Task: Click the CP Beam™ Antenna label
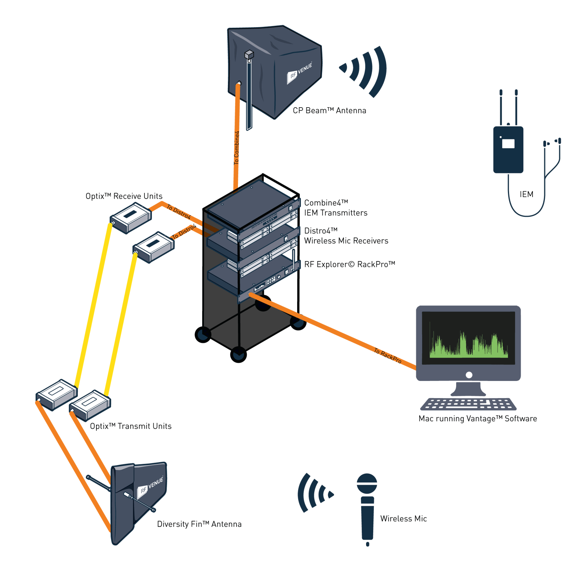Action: [x=329, y=111]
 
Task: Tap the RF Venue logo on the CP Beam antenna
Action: [x=299, y=72]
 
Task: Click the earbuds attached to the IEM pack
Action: [x=552, y=142]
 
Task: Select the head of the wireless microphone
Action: [x=367, y=483]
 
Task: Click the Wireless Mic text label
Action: [x=403, y=519]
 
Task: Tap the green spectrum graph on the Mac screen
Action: [x=468, y=345]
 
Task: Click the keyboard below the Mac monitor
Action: [x=468, y=404]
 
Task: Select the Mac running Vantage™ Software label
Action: [x=477, y=419]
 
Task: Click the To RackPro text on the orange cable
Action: [x=388, y=356]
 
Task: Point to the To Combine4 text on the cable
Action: [x=236, y=148]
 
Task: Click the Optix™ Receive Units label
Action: [x=124, y=196]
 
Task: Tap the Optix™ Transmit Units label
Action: [x=131, y=426]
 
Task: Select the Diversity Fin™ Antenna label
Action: [x=199, y=524]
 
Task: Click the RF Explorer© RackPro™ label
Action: [x=349, y=264]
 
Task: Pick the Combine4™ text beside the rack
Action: [x=326, y=203]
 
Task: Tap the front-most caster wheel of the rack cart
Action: [x=238, y=355]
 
